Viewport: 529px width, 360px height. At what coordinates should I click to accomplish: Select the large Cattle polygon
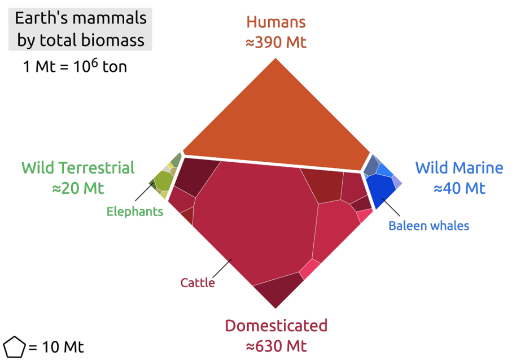pyautogui.click(x=253, y=220)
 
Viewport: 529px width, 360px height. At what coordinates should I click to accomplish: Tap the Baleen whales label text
pyautogui.click(x=429, y=226)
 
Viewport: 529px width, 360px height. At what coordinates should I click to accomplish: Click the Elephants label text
pyautogui.click(x=135, y=211)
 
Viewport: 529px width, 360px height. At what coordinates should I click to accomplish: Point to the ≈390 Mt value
pyautogui.click(x=276, y=43)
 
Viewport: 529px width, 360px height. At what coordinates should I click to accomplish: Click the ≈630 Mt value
pyautogui.click(x=276, y=346)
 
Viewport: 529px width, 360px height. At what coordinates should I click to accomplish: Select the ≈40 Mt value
pyautogui.click(x=459, y=188)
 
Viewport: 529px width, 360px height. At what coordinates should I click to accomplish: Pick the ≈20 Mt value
pyautogui.click(x=78, y=188)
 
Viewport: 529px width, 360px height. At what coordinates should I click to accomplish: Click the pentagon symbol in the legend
pyautogui.click(x=14, y=347)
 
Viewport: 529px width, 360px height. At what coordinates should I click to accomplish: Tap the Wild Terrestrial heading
pyautogui.click(x=78, y=167)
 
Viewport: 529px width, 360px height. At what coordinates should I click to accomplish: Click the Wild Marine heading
pyautogui.click(x=459, y=167)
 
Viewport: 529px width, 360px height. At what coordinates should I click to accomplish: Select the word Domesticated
pyautogui.click(x=276, y=325)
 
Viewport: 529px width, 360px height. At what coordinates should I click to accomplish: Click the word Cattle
pyautogui.click(x=197, y=283)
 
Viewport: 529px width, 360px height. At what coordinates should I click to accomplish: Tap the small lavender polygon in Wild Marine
pyautogui.click(x=397, y=182)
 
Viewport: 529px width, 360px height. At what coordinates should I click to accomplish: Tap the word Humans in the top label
pyautogui.click(x=276, y=22)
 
